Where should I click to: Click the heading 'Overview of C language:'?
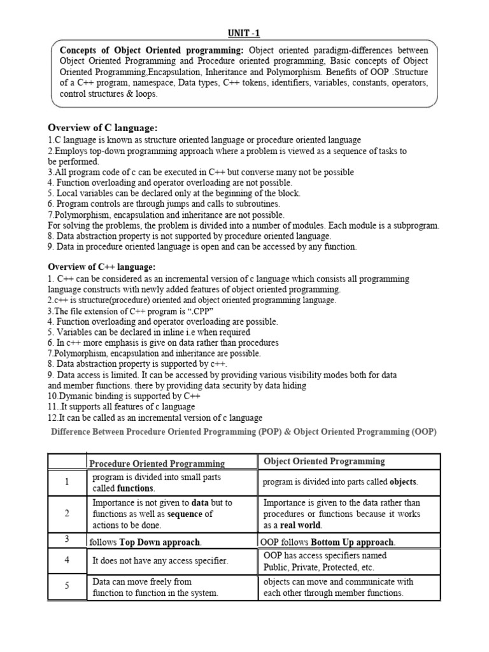pos(103,128)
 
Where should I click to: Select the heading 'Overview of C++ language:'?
pos(102,267)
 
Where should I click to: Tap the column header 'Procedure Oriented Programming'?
pos(157,464)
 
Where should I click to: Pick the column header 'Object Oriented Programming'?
pos(324,461)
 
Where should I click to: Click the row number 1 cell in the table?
pos(66,482)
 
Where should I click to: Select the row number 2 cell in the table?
pos(66,514)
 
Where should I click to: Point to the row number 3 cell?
pos(66,539)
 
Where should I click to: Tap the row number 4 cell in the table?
pos(66,560)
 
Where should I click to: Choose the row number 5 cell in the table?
pos(66,587)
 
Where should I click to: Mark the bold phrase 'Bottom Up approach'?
pos(353,542)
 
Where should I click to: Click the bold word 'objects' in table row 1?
pos(403,482)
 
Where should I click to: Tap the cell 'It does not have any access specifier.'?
pos(160,560)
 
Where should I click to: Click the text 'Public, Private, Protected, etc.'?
pos(319,567)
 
